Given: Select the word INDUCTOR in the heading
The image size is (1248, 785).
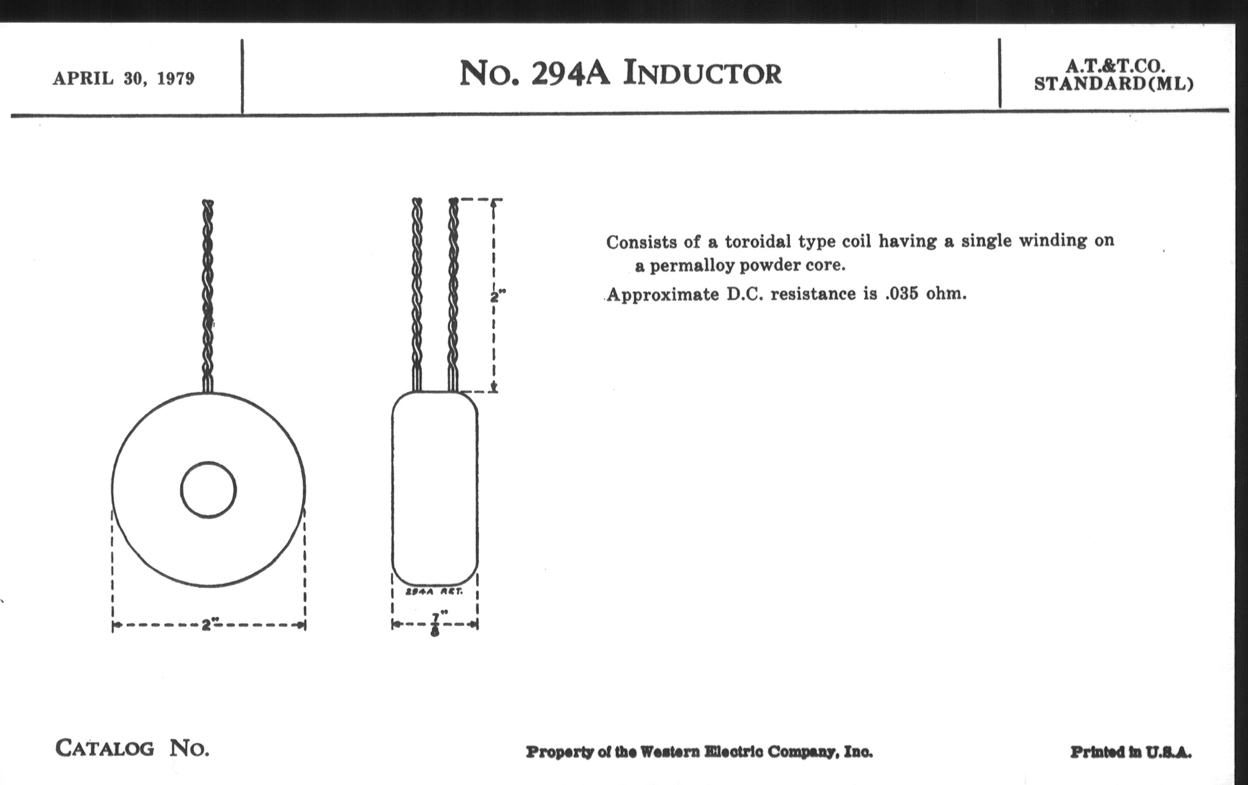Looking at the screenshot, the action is (703, 73).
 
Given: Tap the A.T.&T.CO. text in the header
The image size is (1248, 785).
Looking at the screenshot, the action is (1115, 66).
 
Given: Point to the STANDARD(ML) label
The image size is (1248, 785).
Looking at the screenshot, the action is (1114, 84).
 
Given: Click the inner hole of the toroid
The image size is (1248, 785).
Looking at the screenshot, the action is (208, 489).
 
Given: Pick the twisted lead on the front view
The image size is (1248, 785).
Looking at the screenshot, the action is (208, 296).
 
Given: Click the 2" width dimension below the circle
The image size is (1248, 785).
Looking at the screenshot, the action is (208, 625).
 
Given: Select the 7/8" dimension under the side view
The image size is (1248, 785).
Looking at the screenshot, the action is (435, 624).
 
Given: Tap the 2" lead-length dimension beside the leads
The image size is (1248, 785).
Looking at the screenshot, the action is (498, 297).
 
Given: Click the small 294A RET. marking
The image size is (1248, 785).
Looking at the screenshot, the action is (434, 591).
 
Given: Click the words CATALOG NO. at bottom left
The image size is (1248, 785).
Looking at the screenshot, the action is (132, 749).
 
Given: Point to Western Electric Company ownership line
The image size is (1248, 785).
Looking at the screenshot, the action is (699, 752).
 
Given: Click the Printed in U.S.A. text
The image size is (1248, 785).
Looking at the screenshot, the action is (1131, 752).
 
